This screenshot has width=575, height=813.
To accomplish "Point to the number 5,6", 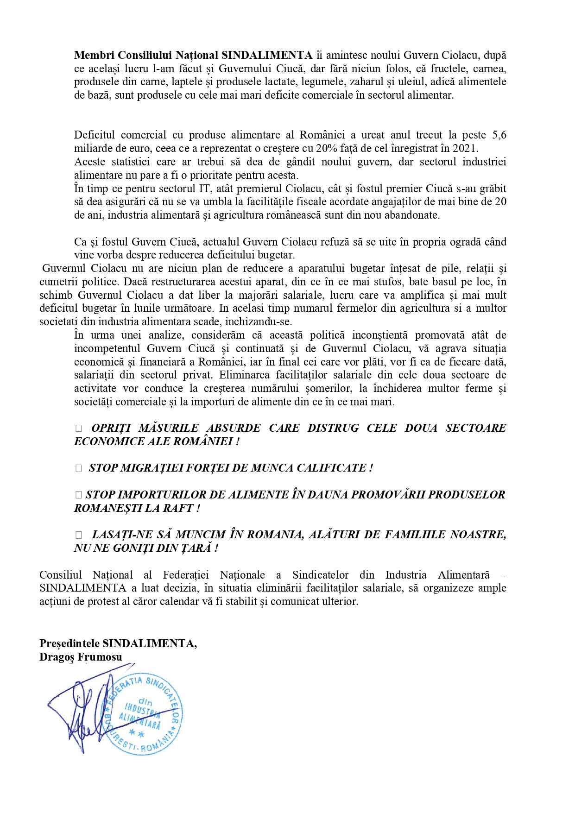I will pos(499,135).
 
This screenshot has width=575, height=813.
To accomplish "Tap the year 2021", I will pos(466,149).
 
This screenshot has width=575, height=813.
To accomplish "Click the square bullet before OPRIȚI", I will pos(78,429).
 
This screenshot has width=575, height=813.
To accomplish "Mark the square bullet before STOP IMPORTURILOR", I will pos(78,495).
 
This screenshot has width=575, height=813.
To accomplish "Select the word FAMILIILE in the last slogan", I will pos(415,535).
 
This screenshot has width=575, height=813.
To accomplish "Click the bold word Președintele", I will pos(70,643).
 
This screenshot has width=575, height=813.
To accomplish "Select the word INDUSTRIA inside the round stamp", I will pos(142,709).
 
